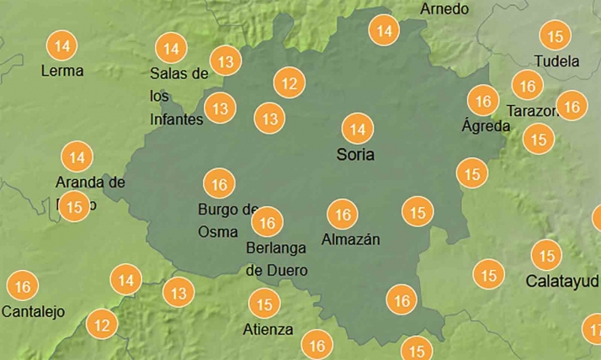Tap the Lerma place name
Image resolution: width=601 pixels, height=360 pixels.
point(62,71)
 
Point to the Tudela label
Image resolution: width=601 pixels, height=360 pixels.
point(556,61)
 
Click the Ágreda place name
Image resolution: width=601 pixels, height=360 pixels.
point(486,126)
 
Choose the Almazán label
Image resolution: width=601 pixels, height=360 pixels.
point(350,240)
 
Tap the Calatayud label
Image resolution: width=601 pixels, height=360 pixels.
point(561,280)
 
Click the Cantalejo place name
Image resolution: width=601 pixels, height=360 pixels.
point(34,311)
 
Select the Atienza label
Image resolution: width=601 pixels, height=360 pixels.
point(268,329)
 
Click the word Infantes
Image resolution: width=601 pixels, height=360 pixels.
point(176,119)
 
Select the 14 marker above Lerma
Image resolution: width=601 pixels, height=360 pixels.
point(61,44)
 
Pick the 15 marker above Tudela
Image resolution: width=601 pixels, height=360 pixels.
point(555,36)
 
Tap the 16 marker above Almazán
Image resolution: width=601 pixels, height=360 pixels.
point(342,214)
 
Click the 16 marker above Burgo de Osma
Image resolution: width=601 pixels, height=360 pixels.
point(220,183)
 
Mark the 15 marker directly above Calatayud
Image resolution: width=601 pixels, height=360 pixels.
point(547,255)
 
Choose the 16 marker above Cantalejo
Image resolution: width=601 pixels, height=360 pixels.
point(23,287)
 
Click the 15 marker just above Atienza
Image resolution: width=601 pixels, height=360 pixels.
point(265,304)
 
